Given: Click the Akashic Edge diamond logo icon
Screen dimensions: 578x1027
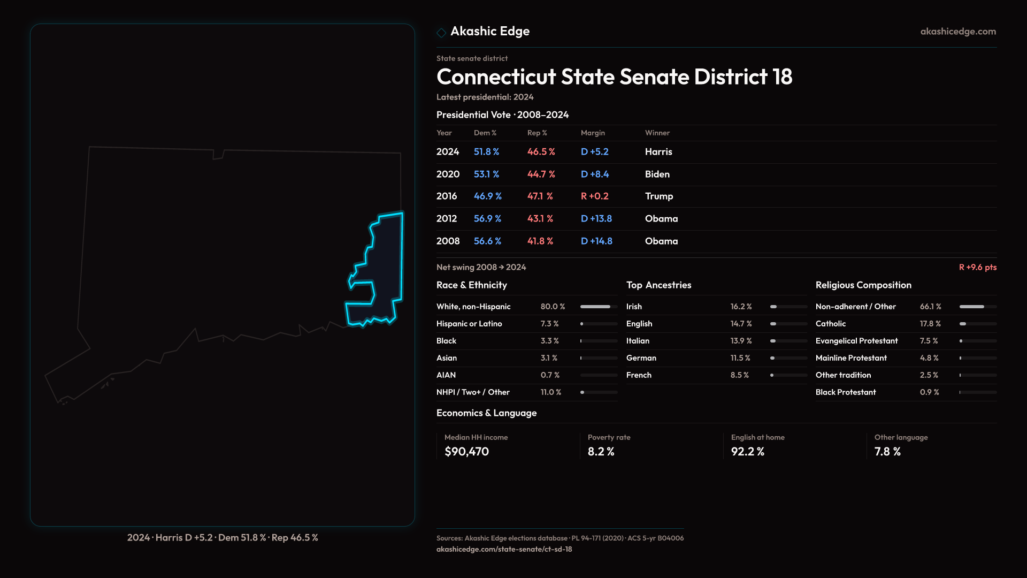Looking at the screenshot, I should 441,33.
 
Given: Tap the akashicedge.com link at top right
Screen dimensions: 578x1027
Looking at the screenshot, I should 958,32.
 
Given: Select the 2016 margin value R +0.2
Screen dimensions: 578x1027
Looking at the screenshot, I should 594,196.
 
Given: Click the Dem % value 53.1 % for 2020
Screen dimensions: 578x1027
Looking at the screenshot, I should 486,174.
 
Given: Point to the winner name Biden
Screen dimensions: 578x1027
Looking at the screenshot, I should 657,174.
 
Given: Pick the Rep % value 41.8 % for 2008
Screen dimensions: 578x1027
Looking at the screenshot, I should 540,241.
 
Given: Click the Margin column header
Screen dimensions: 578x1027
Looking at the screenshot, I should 593,133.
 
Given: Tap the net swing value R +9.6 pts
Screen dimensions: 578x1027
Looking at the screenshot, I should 977,267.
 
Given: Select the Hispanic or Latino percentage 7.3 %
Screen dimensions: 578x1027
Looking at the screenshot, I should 549,324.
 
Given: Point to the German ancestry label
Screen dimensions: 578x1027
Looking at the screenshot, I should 641,358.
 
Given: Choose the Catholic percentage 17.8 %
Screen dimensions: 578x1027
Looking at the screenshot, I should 930,324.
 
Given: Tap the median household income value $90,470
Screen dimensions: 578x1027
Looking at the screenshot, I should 466,452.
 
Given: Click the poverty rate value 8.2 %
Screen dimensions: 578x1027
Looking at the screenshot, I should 601,452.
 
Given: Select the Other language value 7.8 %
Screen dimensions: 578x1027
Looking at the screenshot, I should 887,452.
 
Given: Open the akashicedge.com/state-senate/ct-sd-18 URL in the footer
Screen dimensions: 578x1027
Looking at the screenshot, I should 504,549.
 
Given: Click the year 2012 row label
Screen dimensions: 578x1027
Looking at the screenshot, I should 446,219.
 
